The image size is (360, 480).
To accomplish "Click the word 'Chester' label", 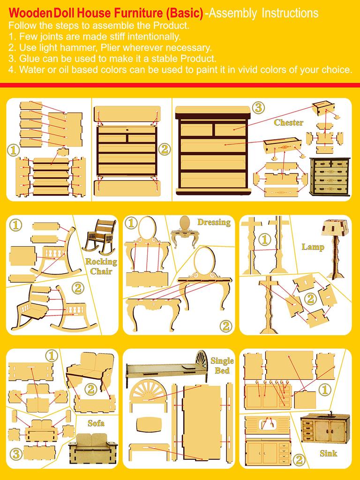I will point(288,123).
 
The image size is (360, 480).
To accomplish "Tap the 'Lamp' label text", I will point(313,247).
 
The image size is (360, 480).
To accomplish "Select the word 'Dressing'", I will point(214,222).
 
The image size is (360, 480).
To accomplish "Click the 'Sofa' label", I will point(96,423).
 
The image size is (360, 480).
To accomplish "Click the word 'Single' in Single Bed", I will point(222,361).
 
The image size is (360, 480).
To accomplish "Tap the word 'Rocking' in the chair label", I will point(101,262).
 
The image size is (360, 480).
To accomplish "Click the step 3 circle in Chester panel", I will point(257,107).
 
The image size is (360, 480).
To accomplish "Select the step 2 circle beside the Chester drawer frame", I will point(164,150).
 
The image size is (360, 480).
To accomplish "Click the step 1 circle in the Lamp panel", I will point(265,240).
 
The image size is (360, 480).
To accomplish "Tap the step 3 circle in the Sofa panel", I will point(15,453).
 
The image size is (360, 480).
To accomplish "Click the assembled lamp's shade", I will point(333,228).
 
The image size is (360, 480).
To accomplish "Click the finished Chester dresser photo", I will point(330,176).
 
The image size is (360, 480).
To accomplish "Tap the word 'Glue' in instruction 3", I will point(30,59).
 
